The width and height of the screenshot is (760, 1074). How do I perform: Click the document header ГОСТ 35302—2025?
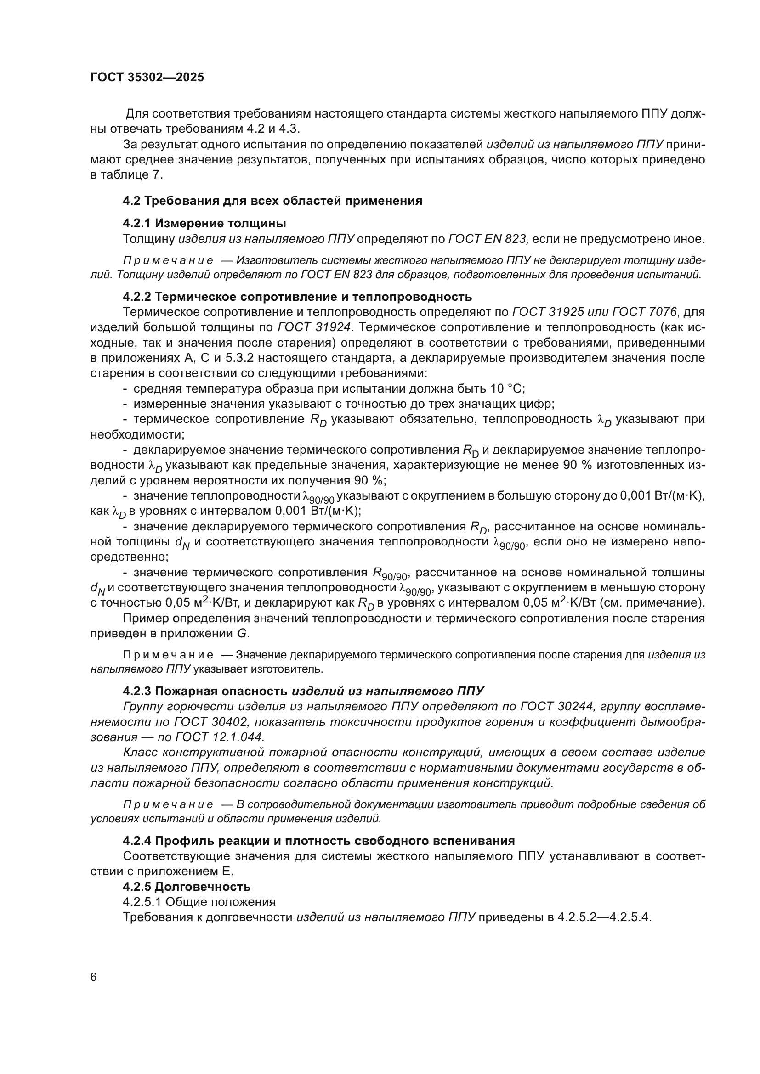click(147, 78)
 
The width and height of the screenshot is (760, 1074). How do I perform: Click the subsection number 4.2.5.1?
click(142, 901)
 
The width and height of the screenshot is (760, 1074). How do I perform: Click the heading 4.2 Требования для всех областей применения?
click(272, 201)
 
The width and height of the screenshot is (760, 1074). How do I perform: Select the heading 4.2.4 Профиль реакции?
click(318, 841)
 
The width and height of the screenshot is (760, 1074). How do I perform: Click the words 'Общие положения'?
click(221, 901)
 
